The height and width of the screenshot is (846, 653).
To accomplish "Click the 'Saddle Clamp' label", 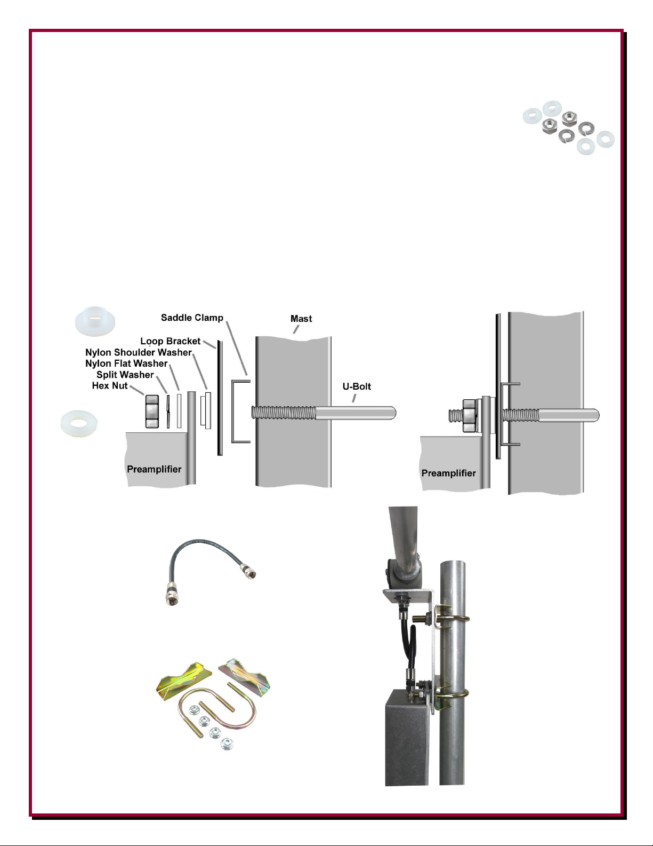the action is (192, 318).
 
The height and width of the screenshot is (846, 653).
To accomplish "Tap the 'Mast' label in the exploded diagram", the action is (301, 319).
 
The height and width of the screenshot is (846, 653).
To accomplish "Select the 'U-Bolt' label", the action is (357, 386).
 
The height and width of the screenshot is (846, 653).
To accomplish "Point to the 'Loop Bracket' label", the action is (170, 341).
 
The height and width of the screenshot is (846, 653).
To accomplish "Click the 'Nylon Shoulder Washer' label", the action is (139, 352).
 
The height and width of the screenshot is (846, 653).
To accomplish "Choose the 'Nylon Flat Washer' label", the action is (126, 363).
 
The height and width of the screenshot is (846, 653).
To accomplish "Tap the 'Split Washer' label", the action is (125, 375).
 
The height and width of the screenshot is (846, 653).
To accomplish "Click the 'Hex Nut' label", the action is (110, 385).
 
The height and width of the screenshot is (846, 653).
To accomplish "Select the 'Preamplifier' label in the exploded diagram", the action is (154, 469).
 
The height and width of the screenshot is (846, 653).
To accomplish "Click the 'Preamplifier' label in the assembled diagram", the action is (448, 473).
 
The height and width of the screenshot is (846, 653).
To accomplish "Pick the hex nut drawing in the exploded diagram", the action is (152, 412).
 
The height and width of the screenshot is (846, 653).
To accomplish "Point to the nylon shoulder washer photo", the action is (94, 321).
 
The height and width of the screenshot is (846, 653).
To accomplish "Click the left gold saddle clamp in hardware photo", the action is (183, 677).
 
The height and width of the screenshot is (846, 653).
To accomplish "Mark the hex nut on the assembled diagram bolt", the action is (470, 415).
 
